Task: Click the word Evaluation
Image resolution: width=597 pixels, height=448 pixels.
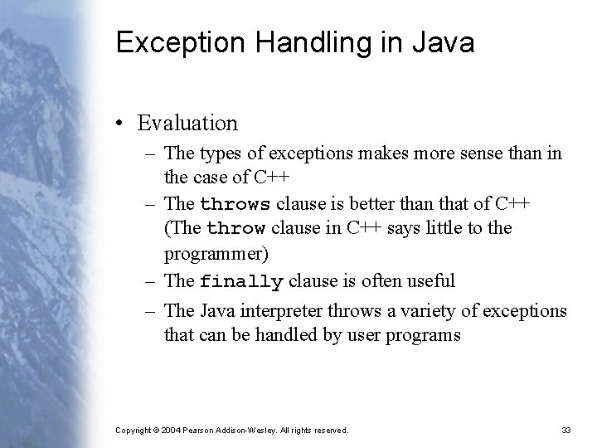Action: pyautogui.click(x=187, y=124)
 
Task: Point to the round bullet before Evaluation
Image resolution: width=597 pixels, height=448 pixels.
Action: pyautogui.click(x=121, y=124)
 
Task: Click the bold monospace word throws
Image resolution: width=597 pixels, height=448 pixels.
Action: pyautogui.click(x=235, y=205)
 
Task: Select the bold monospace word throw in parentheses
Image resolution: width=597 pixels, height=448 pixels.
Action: pyautogui.click(x=235, y=228)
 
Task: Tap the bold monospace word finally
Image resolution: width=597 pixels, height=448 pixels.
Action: pyautogui.click(x=241, y=281)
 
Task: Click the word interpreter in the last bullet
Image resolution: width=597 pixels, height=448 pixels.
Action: pyautogui.click(x=279, y=311)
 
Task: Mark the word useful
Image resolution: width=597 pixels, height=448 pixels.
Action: pyautogui.click(x=430, y=280)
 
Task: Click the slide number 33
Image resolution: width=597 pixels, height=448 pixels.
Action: pyautogui.click(x=566, y=430)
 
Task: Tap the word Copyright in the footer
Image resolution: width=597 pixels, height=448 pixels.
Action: pyautogui.click(x=133, y=431)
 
